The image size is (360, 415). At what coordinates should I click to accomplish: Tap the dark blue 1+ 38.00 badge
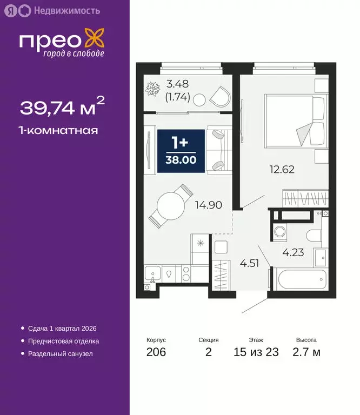point(181,151)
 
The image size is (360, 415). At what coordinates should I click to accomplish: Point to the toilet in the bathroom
point(314,235)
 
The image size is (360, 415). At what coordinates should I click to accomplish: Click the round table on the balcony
point(199,99)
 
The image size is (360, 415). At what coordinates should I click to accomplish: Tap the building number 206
point(156,353)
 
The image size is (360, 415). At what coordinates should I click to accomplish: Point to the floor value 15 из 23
point(256,353)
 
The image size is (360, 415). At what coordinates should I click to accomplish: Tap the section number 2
point(208,353)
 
